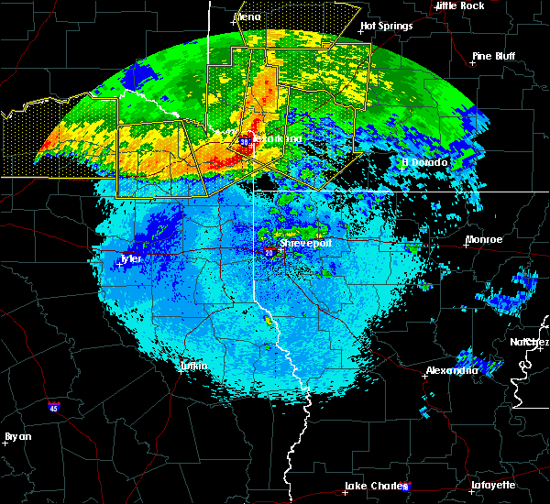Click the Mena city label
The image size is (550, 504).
tap(247, 16)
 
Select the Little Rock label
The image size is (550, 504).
tap(459, 5)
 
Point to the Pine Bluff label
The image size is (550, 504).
tap(493, 56)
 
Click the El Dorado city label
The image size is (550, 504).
tap(426, 163)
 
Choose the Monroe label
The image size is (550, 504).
tap(484, 239)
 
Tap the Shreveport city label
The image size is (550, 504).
tap(304, 244)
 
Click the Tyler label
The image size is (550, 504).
tap(131, 259)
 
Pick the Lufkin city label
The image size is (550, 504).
tap(193, 367)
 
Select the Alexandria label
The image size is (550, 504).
tap(452, 371)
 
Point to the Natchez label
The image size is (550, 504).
tap(530, 342)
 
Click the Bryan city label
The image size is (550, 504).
tap(18, 436)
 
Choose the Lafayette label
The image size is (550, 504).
tap(493, 485)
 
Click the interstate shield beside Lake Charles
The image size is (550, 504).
tap(406, 487)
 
